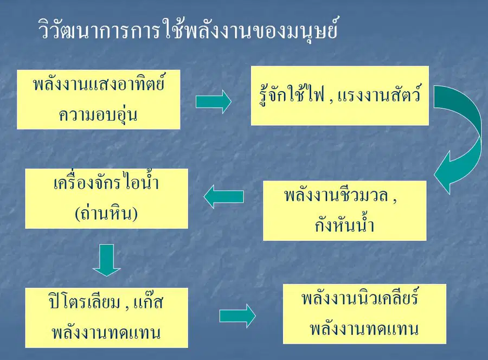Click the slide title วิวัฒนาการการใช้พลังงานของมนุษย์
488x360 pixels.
[188, 30]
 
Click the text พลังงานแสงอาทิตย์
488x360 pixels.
[99, 83]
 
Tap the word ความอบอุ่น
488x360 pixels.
[98, 114]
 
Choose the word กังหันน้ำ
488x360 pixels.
[344, 224]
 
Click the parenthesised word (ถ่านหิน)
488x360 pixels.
[106, 213]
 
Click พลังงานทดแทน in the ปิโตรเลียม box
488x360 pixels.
[106, 332]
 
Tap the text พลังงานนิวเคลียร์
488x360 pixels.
[360, 297]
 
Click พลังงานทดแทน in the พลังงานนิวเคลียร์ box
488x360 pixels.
[364, 329]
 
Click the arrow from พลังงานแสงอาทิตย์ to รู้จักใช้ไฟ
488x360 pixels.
[214, 102]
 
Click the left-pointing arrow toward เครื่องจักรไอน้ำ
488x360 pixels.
[223, 196]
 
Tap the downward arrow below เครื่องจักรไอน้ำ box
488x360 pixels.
[106, 260]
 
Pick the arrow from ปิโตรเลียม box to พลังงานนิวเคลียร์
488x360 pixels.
[237, 316]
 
